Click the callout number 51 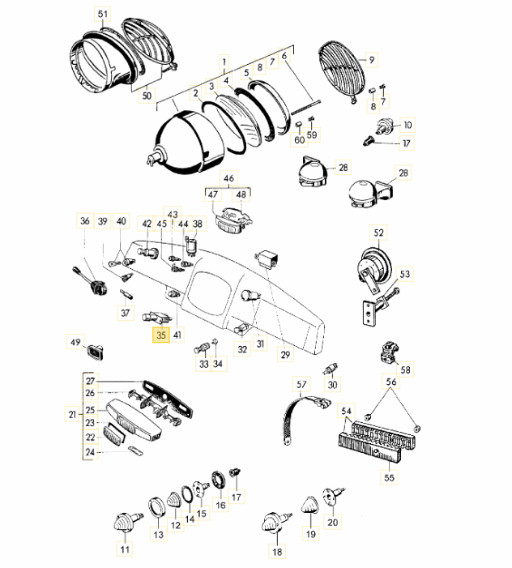coord(101,15)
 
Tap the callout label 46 coord(228,178)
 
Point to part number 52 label coord(380,233)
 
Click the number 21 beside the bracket coord(75,416)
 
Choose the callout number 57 coord(302,384)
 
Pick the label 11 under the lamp coord(125,550)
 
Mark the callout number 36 coord(85,221)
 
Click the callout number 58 coord(406,370)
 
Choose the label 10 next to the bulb coord(407,125)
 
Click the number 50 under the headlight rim coord(147,96)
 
